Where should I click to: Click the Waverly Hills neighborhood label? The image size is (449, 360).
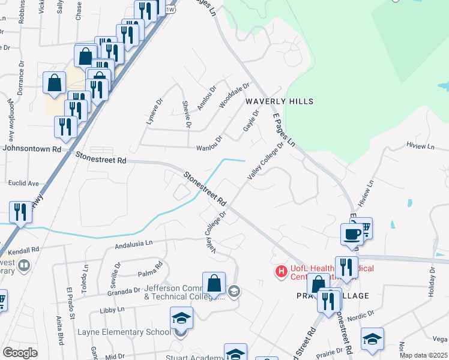279,102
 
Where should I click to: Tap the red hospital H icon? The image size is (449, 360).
280,272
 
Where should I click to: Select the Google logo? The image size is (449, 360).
20,352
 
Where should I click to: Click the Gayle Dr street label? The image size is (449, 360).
251,121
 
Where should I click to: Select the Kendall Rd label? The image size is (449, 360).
24,249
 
